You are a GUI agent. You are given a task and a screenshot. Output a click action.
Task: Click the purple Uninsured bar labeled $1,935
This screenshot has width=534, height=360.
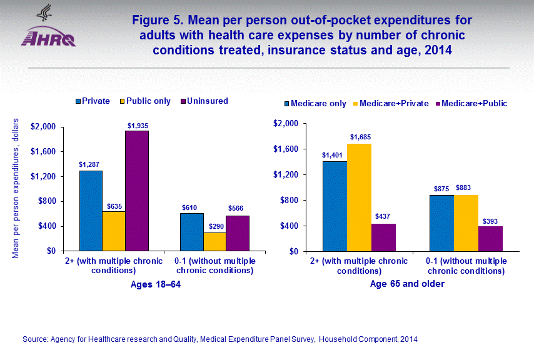[x=137, y=191]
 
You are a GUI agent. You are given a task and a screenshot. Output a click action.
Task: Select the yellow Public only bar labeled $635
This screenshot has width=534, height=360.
[x=114, y=231]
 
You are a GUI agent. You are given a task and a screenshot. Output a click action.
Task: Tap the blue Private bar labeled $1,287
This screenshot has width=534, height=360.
[x=91, y=211]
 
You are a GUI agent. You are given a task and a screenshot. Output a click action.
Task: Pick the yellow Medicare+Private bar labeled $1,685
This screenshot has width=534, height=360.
[x=359, y=197]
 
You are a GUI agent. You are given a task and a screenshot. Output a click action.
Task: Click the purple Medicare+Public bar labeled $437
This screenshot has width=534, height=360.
[x=383, y=237]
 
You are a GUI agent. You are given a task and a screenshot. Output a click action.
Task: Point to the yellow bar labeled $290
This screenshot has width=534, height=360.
[x=214, y=242]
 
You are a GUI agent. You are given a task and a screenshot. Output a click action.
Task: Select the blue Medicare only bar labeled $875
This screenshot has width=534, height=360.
[x=442, y=223]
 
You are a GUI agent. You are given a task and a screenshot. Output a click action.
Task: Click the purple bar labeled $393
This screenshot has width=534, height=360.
[x=491, y=239]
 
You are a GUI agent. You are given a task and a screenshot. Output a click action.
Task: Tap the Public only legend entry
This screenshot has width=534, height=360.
[x=148, y=101]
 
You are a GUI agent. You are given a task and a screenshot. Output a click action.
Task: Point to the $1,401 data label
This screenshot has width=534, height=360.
[x=333, y=155]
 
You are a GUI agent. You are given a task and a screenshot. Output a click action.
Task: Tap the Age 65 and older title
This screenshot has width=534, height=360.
[x=406, y=284]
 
